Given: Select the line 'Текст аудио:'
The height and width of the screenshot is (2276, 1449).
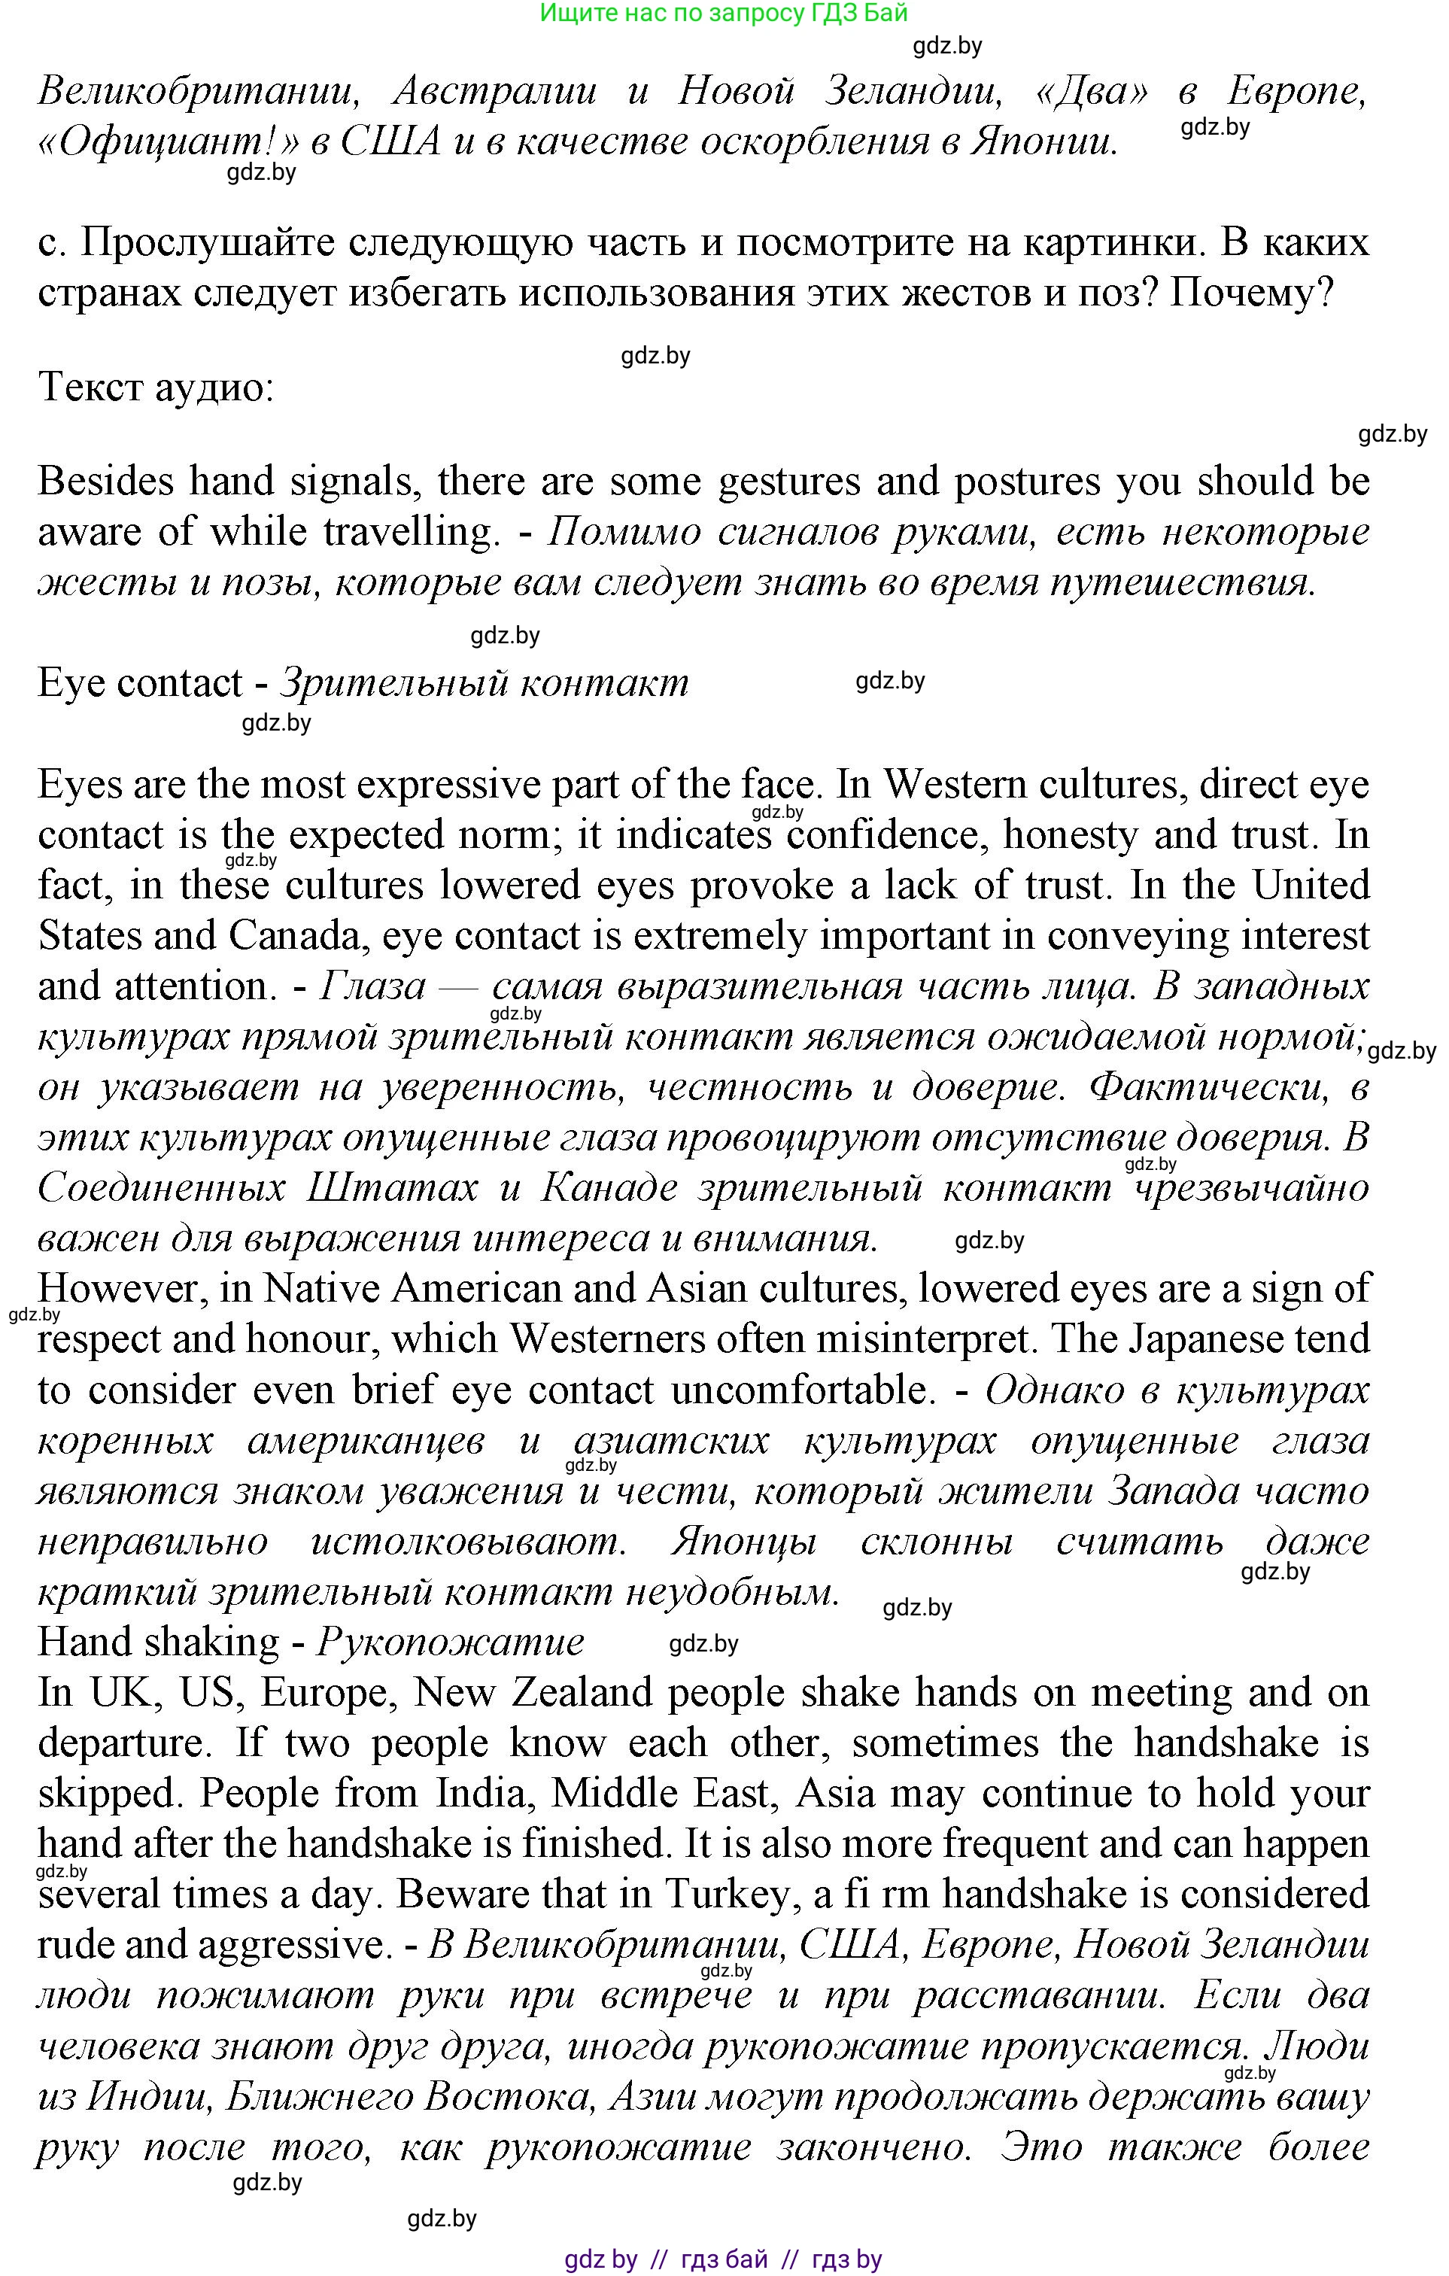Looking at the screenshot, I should click(x=156, y=387).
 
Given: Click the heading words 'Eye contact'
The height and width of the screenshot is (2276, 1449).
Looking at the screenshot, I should click(x=140, y=683).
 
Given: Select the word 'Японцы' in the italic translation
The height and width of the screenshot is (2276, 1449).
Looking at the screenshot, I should click(x=744, y=1542).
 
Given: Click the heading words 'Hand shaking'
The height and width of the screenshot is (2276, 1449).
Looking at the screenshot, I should click(x=159, y=1642).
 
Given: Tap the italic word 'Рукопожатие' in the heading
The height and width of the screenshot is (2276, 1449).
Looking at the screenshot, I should click(x=450, y=1642).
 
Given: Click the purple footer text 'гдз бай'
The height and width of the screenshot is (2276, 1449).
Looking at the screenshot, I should click(x=724, y=2259).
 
